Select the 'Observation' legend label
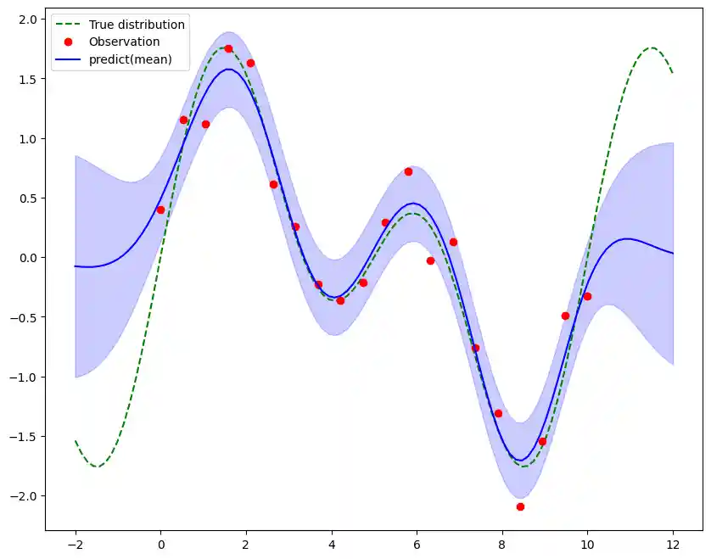[x=124, y=42]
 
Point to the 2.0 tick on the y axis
[x=27, y=20]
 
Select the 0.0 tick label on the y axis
[x=27, y=258]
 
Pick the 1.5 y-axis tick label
[x=27, y=79]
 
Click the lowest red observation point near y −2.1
[x=520, y=506]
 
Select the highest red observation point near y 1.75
[x=228, y=48]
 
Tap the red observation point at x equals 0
[x=160, y=210]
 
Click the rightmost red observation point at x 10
[x=587, y=296]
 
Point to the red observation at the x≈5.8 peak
[x=408, y=171]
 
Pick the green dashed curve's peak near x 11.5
[x=652, y=48]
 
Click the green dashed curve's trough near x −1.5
[x=97, y=467]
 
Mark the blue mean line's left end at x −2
[x=76, y=266]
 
